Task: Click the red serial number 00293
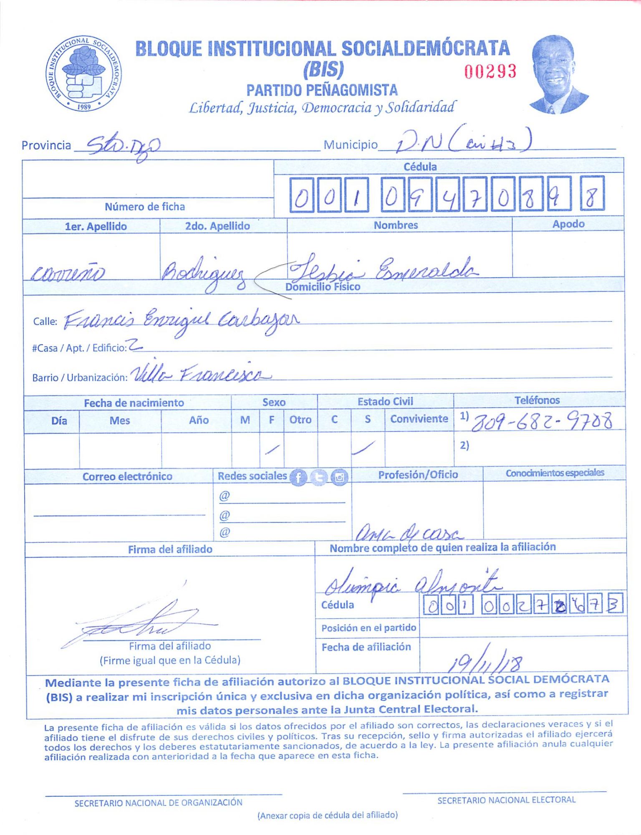click(x=490, y=71)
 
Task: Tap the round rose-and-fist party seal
click(x=84, y=73)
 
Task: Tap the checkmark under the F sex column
click(x=272, y=449)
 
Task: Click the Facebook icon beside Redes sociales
click(x=298, y=477)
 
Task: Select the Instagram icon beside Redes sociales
click(x=339, y=477)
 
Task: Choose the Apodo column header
click(x=568, y=224)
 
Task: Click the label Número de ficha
click(x=144, y=207)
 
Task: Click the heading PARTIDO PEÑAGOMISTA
click(x=322, y=90)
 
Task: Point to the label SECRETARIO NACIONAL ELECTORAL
click(x=506, y=800)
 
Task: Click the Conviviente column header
click(x=419, y=419)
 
